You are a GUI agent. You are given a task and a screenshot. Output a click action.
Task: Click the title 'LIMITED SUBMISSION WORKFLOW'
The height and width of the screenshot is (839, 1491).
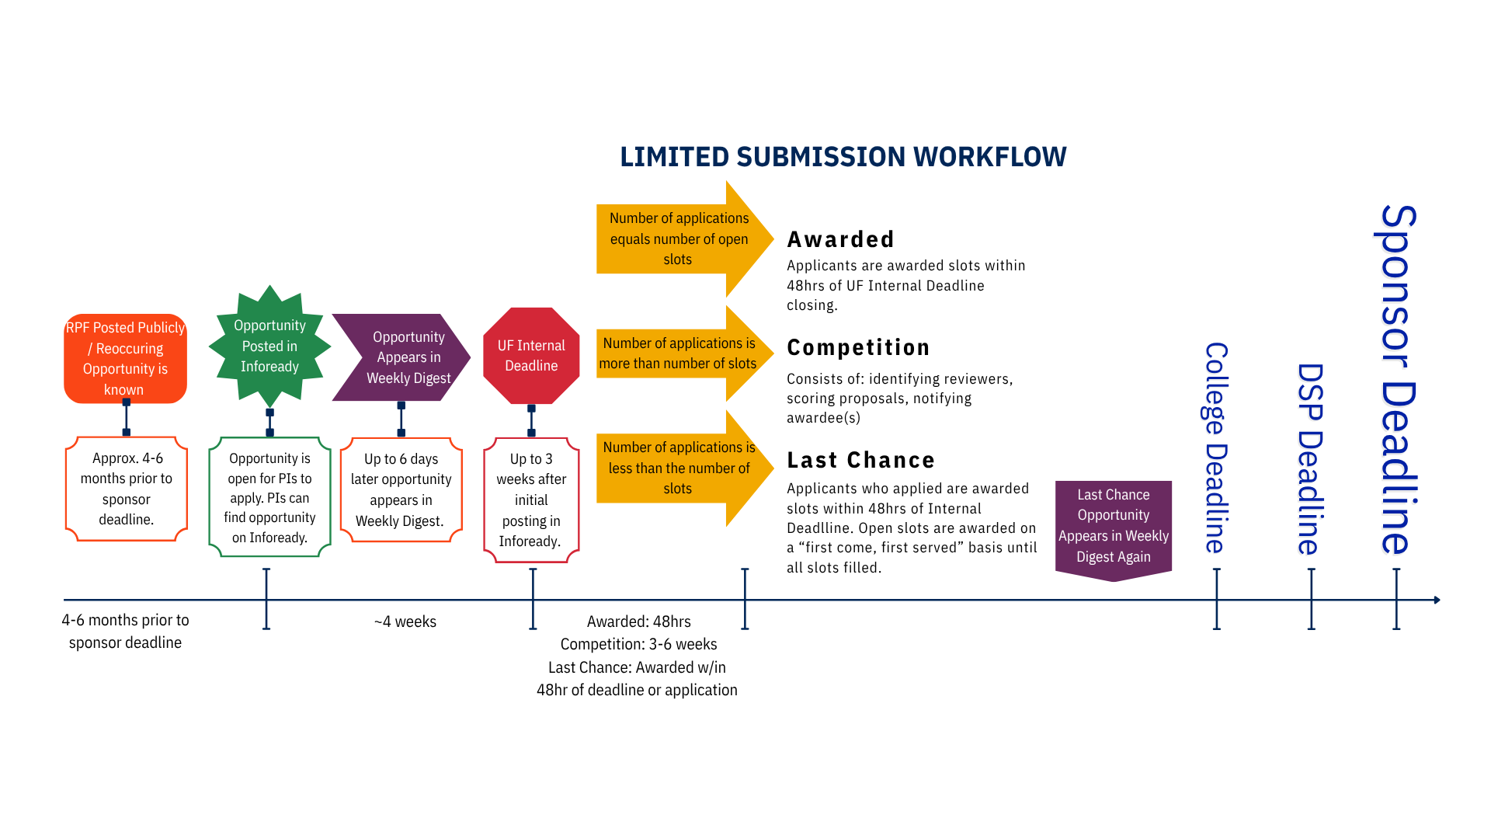coord(843,157)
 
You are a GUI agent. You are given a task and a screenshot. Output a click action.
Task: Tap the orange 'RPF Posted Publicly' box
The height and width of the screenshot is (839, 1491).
coord(125,358)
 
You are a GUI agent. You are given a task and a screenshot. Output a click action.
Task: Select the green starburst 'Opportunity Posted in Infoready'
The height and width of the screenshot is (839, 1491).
coord(269,346)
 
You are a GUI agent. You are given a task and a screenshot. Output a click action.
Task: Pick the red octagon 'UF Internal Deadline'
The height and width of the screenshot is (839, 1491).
coord(531,356)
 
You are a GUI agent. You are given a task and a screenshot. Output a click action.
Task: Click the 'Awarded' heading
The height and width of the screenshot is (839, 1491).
coord(840,239)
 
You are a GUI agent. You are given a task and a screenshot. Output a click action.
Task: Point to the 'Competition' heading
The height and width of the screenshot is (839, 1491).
coord(858,347)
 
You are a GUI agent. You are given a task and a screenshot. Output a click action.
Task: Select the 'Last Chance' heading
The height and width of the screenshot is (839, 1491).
coord(860,460)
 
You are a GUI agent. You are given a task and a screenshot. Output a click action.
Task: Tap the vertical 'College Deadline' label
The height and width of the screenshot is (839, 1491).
coord(1216,447)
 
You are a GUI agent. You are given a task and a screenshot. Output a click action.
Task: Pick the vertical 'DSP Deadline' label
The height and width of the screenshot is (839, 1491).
coord(1310,458)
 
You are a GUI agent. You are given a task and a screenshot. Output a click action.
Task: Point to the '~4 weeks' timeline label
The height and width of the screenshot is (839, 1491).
coord(405,621)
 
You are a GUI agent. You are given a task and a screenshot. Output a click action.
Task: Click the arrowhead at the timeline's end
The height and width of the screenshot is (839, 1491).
coord(1437,600)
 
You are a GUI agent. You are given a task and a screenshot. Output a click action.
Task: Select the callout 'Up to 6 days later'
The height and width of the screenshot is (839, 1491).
coord(401,489)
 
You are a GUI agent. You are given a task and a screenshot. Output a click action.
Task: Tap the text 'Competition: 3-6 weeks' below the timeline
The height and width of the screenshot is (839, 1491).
coord(638,644)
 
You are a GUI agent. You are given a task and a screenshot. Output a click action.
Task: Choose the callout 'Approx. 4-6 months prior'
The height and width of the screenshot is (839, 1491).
coord(127,489)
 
